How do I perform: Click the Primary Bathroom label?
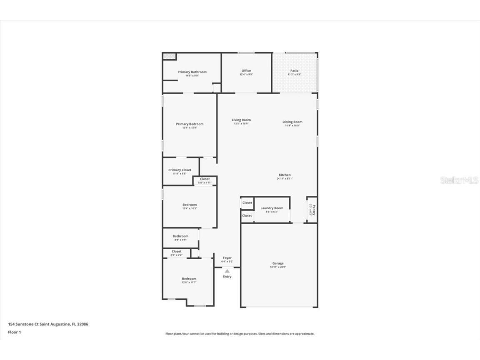192,72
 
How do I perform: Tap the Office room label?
246,71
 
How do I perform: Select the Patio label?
294,71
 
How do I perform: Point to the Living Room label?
241,120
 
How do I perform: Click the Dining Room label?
292,122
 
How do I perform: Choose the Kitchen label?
285,175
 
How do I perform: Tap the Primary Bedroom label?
190,124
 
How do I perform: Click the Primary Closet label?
180,170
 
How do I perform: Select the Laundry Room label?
272,208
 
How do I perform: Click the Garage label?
278,263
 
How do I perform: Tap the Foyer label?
227,258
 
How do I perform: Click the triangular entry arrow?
227,271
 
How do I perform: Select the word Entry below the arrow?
227,277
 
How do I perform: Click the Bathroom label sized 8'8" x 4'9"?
180,236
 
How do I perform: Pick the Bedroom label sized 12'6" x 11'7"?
189,279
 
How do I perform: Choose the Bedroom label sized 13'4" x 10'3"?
190,205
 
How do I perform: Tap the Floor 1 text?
14,332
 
